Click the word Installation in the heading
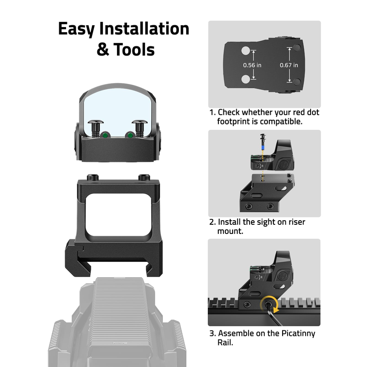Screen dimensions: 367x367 click(x=144, y=28)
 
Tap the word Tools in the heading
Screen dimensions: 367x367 click(x=134, y=50)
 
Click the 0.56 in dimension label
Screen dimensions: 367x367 click(x=252, y=65)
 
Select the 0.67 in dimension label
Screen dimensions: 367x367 click(x=289, y=65)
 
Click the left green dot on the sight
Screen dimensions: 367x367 click(x=105, y=135)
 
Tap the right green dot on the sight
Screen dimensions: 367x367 click(x=130, y=135)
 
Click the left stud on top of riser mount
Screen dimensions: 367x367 click(x=93, y=177)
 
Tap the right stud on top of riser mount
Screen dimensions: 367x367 click(x=144, y=177)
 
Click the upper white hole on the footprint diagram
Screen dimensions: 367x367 click(x=245, y=51)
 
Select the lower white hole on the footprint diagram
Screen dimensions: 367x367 click(x=245, y=79)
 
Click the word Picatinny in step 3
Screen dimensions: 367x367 click(x=298, y=334)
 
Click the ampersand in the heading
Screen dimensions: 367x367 click(x=103, y=50)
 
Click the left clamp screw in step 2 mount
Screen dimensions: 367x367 click(x=248, y=206)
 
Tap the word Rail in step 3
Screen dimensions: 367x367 click(x=225, y=342)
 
